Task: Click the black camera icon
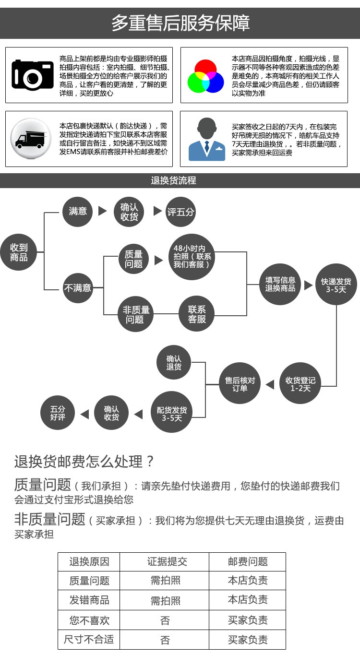pyautogui.click(x=33, y=75)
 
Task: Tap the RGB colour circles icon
pyautogui.click(x=205, y=76)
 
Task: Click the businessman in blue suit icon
pyautogui.click(x=207, y=139)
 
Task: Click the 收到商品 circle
pyautogui.click(x=19, y=252)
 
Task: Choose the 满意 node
pyautogui.click(x=77, y=211)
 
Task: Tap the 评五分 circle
pyautogui.click(x=180, y=212)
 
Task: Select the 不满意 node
pyautogui.click(x=77, y=287)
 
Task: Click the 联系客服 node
pyautogui.click(x=197, y=314)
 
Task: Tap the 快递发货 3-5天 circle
pyautogui.click(x=336, y=285)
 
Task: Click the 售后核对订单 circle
pyautogui.click(x=240, y=383)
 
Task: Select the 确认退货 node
pyautogui.click(x=174, y=363)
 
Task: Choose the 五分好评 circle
pyautogui.click(x=58, y=413)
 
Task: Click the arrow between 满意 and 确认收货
pyautogui.click(x=102, y=211)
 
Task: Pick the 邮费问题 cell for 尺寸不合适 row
pyautogui.click(x=247, y=640)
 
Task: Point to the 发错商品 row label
pyautogui.click(x=89, y=600)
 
